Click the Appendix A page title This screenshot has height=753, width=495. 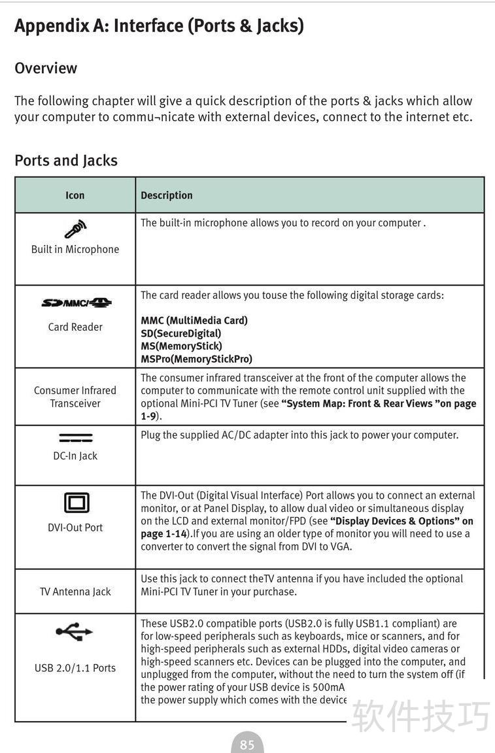159,26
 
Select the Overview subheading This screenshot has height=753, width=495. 46,68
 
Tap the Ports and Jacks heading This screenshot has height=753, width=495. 66,160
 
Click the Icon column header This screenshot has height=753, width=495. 75,195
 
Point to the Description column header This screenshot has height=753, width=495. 167,195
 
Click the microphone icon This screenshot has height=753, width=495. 75,229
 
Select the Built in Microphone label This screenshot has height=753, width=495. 75,249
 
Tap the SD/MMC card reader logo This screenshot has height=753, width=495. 76,303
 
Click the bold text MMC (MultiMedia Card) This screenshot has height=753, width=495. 194,320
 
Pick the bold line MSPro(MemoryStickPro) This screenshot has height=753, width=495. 196,359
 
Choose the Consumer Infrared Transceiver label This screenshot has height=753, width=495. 75,397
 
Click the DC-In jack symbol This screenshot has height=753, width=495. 75,438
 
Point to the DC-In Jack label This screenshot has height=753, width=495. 75,456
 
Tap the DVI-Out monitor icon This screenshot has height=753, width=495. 76,503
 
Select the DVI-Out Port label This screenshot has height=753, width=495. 75,527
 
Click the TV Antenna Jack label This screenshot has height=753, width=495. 75,592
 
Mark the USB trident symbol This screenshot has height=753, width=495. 75,631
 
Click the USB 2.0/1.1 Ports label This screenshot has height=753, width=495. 75,667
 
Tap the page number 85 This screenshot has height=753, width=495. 247,745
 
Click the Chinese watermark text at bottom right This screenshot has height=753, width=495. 420,716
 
